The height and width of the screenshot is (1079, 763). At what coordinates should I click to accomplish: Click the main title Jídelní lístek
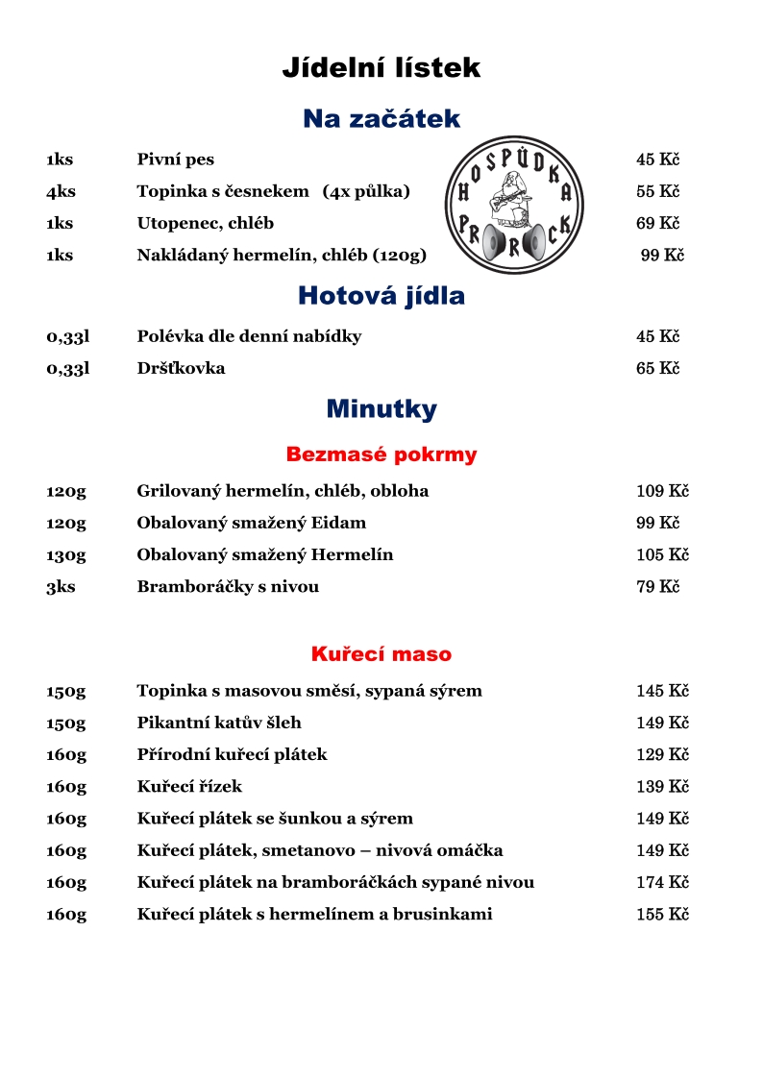click(381, 68)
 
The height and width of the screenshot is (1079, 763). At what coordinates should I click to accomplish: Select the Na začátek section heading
click(381, 119)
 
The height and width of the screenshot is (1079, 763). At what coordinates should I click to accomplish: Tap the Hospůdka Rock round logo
click(514, 205)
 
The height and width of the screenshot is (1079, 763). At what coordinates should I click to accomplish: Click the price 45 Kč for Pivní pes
click(657, 160)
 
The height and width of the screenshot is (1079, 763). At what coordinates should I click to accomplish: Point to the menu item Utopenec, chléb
click(205, 224)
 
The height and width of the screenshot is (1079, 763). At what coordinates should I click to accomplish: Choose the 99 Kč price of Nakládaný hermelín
click(662, 256)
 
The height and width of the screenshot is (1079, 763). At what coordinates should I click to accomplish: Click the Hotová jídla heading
click(381, 296)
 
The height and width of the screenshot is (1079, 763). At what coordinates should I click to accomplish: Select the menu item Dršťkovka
click(181, 369)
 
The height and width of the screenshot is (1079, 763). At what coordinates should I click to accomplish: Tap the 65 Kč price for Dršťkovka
click(657, 369)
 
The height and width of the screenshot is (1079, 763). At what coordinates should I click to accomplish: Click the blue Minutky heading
click(381, 409)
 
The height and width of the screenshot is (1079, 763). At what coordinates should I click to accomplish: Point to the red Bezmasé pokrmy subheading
click(381, 454)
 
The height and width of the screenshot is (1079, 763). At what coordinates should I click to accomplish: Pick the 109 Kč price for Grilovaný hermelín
click(662, 492)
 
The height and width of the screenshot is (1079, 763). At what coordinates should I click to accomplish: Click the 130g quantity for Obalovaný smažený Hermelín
click(66, 555)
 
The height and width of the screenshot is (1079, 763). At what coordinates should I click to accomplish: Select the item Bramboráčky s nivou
click(228, 587)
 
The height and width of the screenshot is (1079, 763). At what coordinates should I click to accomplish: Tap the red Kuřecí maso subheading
click(381, 654)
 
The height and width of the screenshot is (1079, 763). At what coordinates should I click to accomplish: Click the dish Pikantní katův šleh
click(219, 723)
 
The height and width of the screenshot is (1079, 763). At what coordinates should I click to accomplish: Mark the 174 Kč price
click(662, 883)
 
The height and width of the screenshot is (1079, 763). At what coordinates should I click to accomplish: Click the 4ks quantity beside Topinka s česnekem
click(61, 192)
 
